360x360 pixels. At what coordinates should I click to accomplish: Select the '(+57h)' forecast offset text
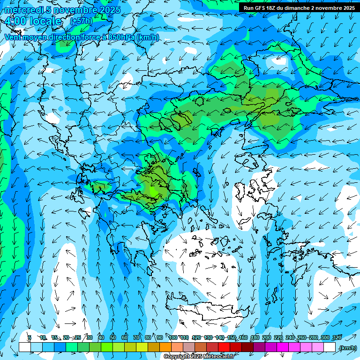point(81,21)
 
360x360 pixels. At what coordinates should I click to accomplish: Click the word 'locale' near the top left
point(45,21)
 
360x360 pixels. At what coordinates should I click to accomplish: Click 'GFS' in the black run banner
point(261,8)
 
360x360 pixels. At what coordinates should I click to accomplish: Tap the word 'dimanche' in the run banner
point(297,8)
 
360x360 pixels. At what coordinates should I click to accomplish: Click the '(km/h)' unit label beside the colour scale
point(347,348)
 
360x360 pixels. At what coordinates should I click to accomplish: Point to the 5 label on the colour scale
point(30,337)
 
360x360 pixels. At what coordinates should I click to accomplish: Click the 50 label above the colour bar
point(113,337)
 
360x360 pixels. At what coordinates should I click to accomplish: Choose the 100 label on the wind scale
point(173,337)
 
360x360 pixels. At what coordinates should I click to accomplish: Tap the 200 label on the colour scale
point(267,337)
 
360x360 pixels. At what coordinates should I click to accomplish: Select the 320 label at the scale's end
point(337,337)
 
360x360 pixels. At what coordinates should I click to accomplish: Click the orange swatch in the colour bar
point(165,347)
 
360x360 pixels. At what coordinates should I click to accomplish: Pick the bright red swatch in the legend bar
point(224,347)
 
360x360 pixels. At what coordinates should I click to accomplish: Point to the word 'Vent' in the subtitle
point(13,37)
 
